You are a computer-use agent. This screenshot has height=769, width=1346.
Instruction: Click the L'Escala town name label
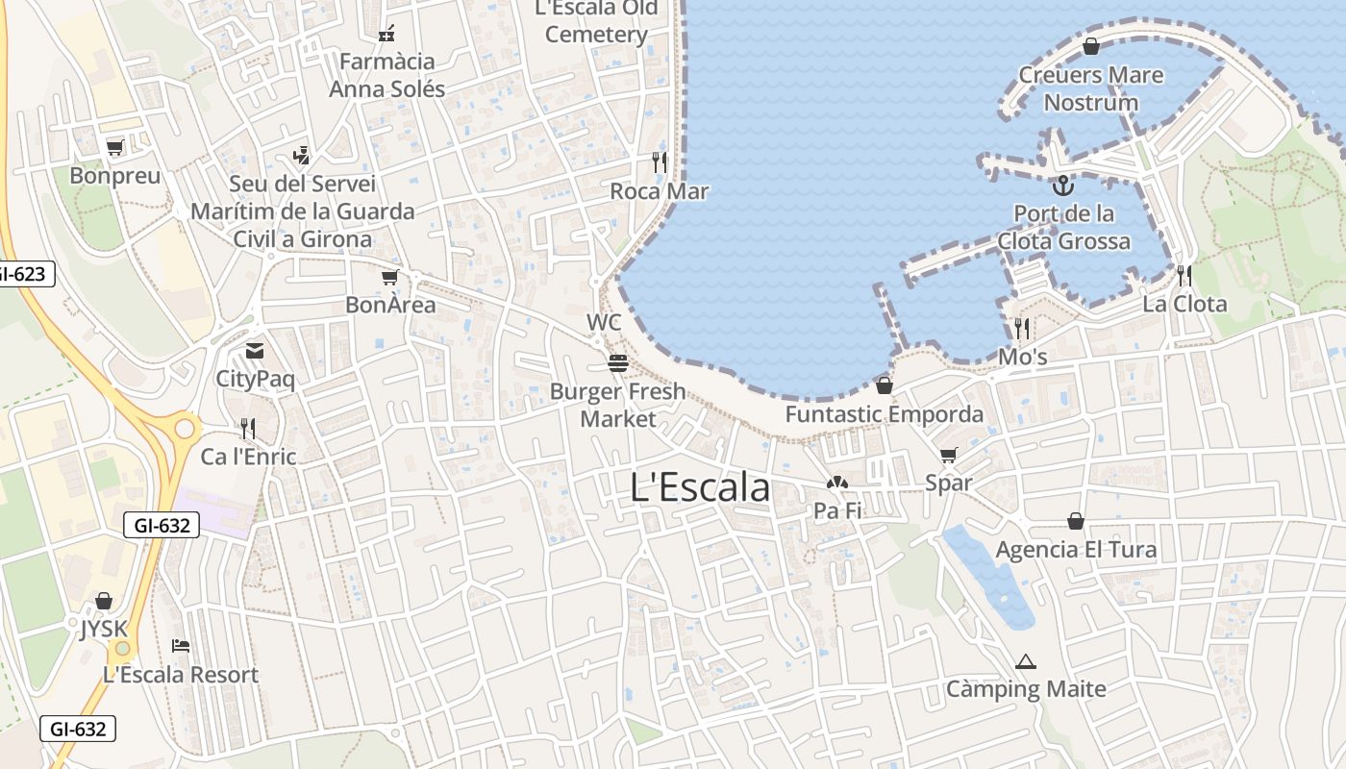point(700,487)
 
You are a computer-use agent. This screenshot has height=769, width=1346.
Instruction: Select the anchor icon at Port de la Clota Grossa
point(1063,185)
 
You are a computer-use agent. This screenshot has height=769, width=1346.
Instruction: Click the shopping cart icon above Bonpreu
point(115,148)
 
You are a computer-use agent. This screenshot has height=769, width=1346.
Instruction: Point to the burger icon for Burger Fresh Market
point(617,363)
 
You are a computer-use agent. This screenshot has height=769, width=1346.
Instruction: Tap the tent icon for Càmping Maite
point(1026,661)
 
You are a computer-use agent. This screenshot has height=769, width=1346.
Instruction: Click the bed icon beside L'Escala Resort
point(180,646)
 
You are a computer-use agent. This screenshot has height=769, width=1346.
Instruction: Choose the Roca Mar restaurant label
point(660,191)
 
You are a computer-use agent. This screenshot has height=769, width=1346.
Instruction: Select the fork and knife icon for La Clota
point(1184,276)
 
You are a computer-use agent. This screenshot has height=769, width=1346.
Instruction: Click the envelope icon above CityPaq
point(255,351)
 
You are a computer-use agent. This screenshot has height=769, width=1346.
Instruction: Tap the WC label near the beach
point(604,322)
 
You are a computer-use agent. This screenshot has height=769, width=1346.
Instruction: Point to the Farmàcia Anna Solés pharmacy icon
point(386,34)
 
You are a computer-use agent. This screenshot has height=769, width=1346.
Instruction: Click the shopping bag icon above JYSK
point(104,602)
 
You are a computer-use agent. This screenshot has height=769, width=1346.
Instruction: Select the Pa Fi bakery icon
point(837,483)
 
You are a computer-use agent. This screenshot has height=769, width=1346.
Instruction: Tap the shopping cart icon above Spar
point(949,455)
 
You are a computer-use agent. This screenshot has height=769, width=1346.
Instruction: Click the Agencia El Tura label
point(1076,550)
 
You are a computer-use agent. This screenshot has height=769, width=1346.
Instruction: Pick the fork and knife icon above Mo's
point(1022,329)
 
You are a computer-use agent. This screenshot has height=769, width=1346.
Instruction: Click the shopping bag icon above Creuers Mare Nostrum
point(1091,46)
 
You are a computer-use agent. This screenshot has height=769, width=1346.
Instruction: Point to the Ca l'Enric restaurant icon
point(248,429)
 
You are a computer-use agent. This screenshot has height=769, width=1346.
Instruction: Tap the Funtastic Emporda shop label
point(885,414)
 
